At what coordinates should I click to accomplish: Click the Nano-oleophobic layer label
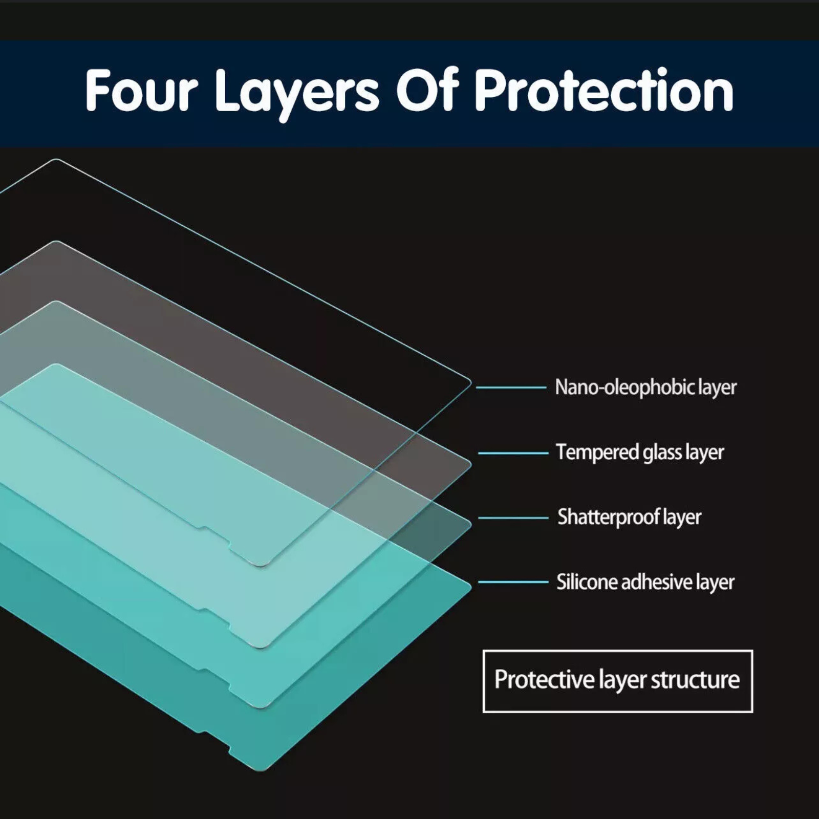[646, 387]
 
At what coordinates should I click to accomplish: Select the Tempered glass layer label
[640, 452]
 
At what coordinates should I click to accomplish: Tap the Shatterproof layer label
[630, 517]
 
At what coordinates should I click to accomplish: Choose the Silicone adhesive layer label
[645, 582]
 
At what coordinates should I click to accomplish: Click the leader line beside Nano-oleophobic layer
[511, 387]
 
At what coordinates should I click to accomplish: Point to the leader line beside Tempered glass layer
[513, 453]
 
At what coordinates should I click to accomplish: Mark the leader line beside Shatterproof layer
[513, 518]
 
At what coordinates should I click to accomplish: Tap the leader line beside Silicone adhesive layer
[513, 582]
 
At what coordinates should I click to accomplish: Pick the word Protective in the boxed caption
[544, 680]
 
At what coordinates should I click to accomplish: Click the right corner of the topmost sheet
[470, 382]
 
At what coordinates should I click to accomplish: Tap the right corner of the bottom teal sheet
[470, 587]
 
